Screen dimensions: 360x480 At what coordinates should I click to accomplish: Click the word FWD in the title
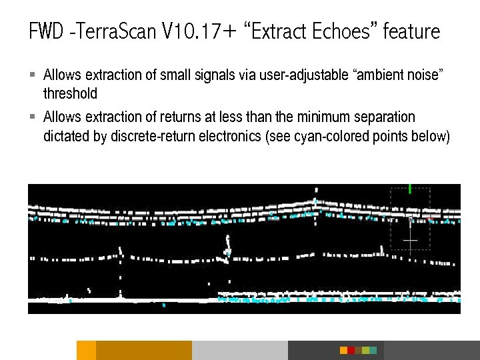46,31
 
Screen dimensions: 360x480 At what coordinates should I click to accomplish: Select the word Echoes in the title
341,31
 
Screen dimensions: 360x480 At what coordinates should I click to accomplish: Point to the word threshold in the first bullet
70,93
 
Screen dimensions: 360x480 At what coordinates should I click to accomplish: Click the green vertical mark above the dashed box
409,189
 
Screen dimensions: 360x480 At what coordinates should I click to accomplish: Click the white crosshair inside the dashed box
410,239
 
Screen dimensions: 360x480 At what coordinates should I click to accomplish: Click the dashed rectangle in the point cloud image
430,220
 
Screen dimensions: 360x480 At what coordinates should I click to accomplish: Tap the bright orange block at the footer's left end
86,350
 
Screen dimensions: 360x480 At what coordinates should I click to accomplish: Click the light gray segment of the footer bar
240,350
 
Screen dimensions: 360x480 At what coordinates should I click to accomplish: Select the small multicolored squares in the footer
358,350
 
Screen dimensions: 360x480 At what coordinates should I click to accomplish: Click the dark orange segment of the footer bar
143,350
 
